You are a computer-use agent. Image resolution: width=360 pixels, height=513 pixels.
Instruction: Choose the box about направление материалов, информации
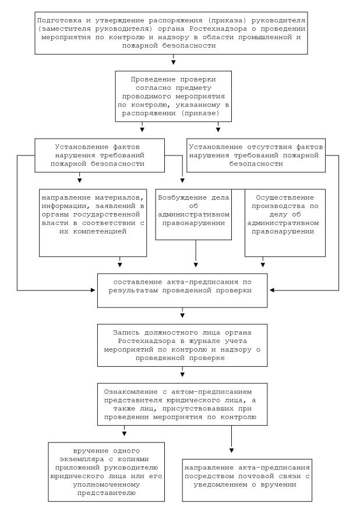coord(92,222)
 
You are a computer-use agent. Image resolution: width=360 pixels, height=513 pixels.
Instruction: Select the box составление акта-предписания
coord(182,289)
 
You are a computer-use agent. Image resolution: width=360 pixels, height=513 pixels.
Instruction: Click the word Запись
coord(127,332)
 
